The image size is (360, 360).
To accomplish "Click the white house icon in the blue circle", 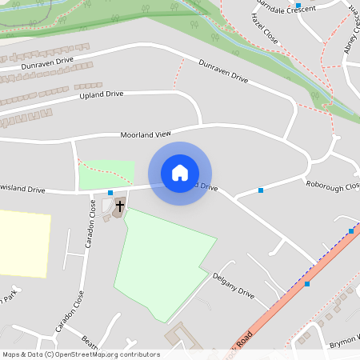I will (x=180, y=173).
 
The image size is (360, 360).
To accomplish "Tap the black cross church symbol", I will (x=120, y=206).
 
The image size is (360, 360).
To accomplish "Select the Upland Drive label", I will (x=102, y=94).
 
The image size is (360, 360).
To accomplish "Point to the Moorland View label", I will (x=146, y=135).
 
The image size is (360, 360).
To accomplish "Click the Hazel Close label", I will (x=263, y=29).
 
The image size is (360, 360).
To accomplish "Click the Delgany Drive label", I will (x=234, y=285).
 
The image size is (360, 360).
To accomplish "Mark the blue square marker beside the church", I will (x=110, y=193).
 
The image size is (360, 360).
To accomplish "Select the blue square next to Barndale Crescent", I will (x=298, y=6).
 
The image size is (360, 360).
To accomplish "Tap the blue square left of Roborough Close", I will (x=261, y=190).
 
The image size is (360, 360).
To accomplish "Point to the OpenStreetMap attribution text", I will (x=80, y=354).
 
